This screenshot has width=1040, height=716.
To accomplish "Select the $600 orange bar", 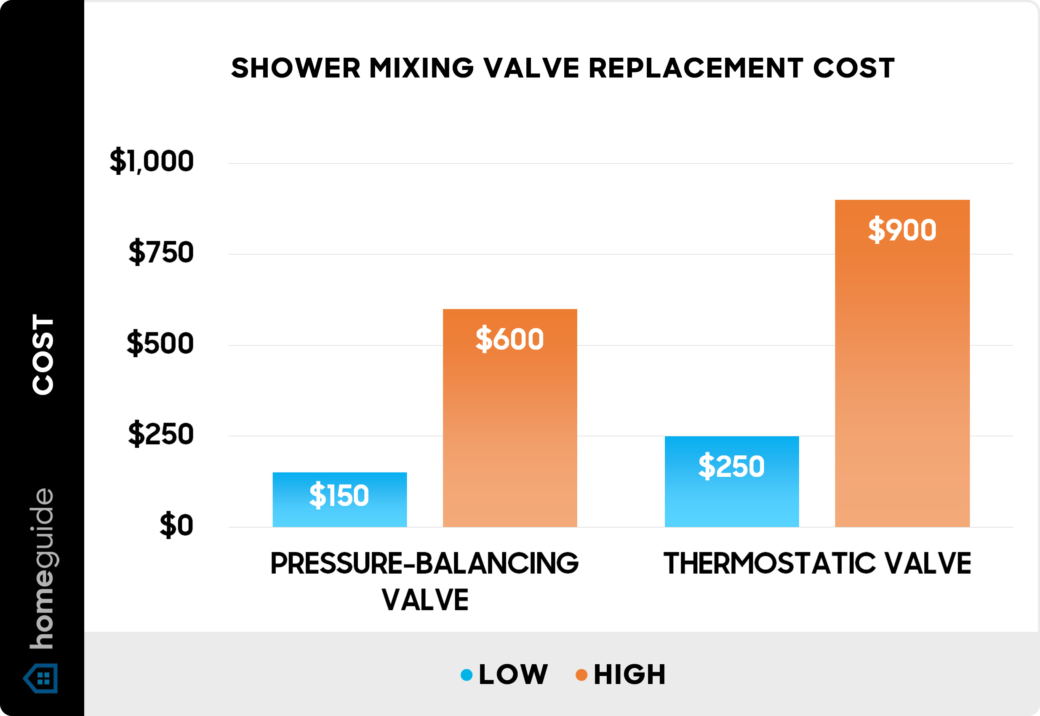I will (x=509, y=417).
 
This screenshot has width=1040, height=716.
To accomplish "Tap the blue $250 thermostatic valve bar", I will (x=731, y=481).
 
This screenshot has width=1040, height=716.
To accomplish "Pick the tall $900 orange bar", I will (x=902, y=363).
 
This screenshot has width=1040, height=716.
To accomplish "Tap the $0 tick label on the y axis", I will (x=176, y=525).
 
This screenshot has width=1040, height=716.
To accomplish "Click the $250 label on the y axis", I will (x=160, y=434).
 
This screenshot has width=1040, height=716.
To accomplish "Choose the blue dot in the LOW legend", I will (x=467, y=675).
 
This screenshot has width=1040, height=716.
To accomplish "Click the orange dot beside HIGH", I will (x=581, y=675).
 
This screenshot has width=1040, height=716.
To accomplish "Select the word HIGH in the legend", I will (x=629, y=674).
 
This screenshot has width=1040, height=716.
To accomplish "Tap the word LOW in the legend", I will (x=513, y=674).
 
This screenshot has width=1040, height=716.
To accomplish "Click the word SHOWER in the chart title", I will (x=296, y=68).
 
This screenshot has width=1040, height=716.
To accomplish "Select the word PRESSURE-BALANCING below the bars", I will (x=424, y=564).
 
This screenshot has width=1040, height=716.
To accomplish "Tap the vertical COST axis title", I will (x=43, y=354).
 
